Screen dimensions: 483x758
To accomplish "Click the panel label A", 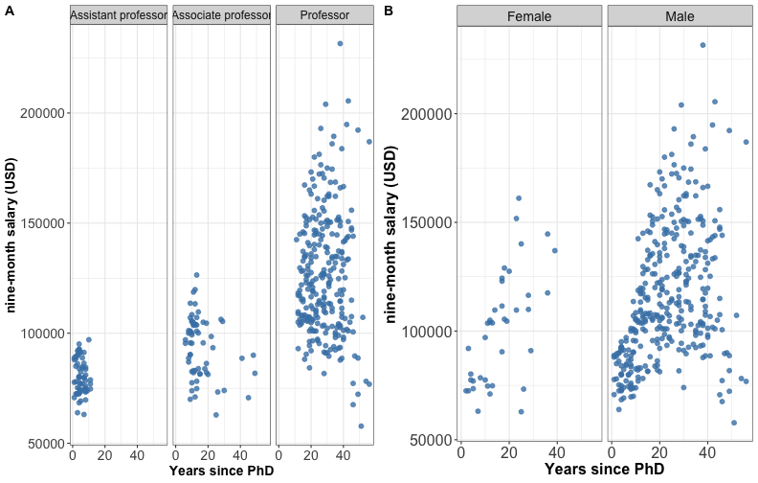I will [9, 11].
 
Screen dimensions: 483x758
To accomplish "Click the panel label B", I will [388, 11].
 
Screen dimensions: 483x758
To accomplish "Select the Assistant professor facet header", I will [120, 15].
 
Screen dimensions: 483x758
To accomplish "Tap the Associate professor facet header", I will [222, 15].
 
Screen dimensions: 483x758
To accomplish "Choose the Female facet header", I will [529, 16].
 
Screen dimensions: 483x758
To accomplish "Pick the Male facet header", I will [680, 16].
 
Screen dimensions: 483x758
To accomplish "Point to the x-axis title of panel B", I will [605, 471].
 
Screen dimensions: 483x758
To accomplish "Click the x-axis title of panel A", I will [221, 471].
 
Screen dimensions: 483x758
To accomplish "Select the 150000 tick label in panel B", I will [427, 222].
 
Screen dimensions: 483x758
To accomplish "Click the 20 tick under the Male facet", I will [658, 453].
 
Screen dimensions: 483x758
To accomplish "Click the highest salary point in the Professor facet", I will [340, 43].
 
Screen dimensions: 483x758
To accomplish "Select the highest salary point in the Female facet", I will [519, 198].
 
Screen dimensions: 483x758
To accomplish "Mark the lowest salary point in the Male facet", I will [734, 423].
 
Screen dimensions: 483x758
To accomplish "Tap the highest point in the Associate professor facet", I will [196, 275].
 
